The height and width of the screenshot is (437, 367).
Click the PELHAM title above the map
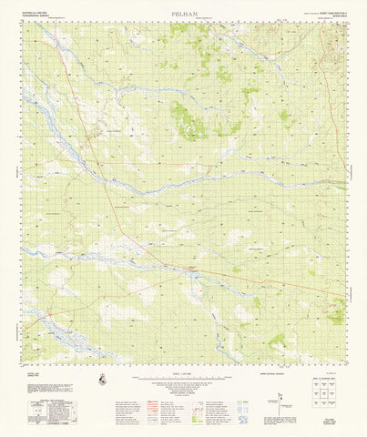[x=183, y=14]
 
